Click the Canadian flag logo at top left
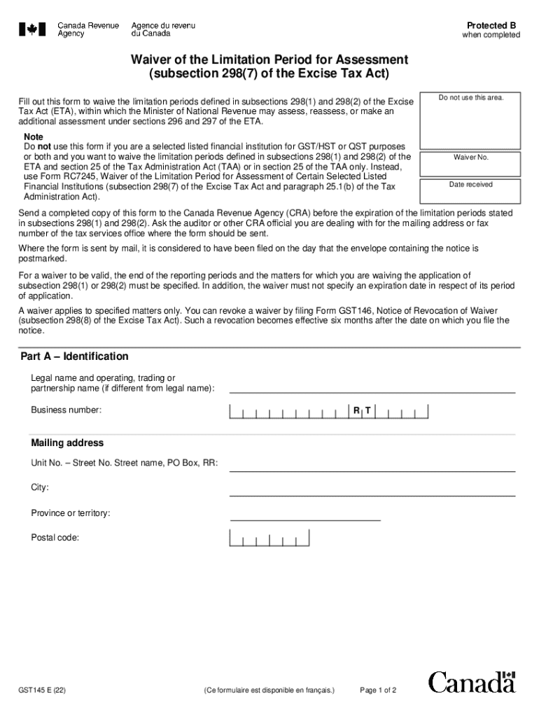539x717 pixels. [x=32, y=29]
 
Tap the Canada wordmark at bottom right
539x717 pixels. [x=472, y=682]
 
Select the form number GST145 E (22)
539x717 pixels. [x=43, y=690]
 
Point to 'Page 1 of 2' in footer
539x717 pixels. [x=378, y=690]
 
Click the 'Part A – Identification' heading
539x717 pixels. [x=74, y=356]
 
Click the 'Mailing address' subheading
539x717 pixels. [x=67, y=443]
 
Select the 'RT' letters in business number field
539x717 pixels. [x=362, y=410]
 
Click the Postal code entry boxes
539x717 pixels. [x=269, y=538]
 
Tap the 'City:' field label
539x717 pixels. [x=40, y=487]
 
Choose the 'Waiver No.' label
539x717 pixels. [x=470, y=158]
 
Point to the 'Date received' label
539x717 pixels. [x=470, y=184]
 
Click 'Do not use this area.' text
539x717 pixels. [x=470, y=97]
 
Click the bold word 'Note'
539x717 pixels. [x=34, y=137]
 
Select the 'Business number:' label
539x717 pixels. [x=66, y=410]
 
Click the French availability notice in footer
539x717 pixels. [x=269, y=690]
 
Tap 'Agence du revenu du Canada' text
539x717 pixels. [x=163, y=29]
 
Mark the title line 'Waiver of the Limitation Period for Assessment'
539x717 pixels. [x=269, y=60]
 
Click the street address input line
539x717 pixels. [x=372, y=464]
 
